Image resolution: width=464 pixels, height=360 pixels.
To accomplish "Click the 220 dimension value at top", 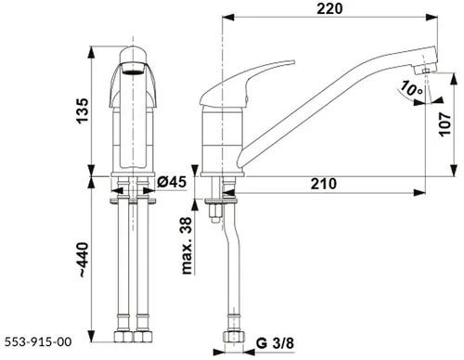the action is click(x=329, y=8).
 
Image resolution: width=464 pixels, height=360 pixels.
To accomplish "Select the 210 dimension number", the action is click(x=324, y=184).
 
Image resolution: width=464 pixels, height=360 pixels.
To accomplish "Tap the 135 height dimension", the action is click(x=83, y=111).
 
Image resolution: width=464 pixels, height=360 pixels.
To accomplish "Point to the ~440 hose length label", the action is click(x=84, y=260).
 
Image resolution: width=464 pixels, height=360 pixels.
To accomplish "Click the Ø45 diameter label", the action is click(x=172, y=182).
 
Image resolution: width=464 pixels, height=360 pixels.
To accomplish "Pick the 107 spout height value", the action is click(x=445, y=124).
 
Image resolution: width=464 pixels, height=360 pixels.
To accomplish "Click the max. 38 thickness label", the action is click(x=187, y=246).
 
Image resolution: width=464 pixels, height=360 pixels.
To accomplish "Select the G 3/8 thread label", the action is click(x=276, y=343).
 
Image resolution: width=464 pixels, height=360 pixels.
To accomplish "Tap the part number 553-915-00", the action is click(x=38, y=341).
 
